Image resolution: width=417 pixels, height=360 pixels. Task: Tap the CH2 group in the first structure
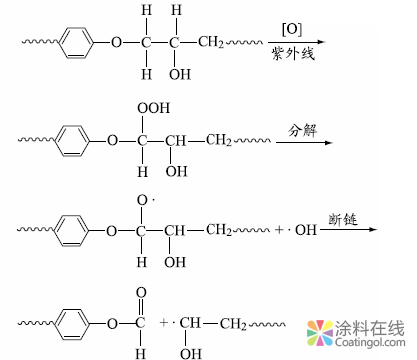click(x=211, y=41)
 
